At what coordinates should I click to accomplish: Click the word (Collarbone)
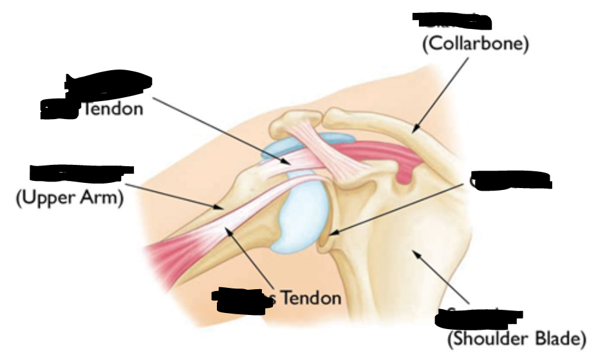[x=475, y=44]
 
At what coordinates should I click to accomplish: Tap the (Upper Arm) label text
[x=69, y=198]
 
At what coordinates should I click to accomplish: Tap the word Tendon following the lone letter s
[x=312, y=298]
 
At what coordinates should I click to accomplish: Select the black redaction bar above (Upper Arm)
[x=81, y=173]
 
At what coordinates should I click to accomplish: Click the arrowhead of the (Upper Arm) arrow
[x=220, y=207]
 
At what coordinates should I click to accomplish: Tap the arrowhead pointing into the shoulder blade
[x=417, y=254]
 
